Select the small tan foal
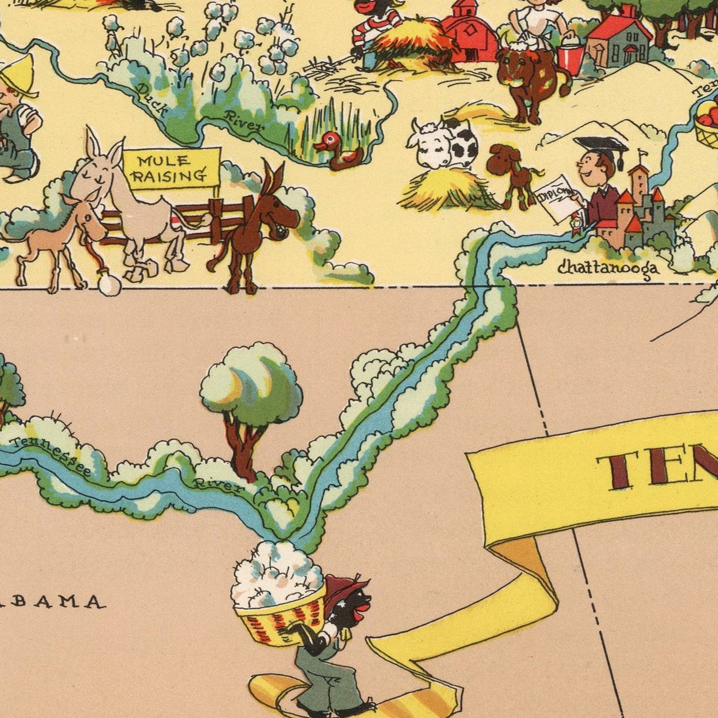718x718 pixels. tap(62, 235)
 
